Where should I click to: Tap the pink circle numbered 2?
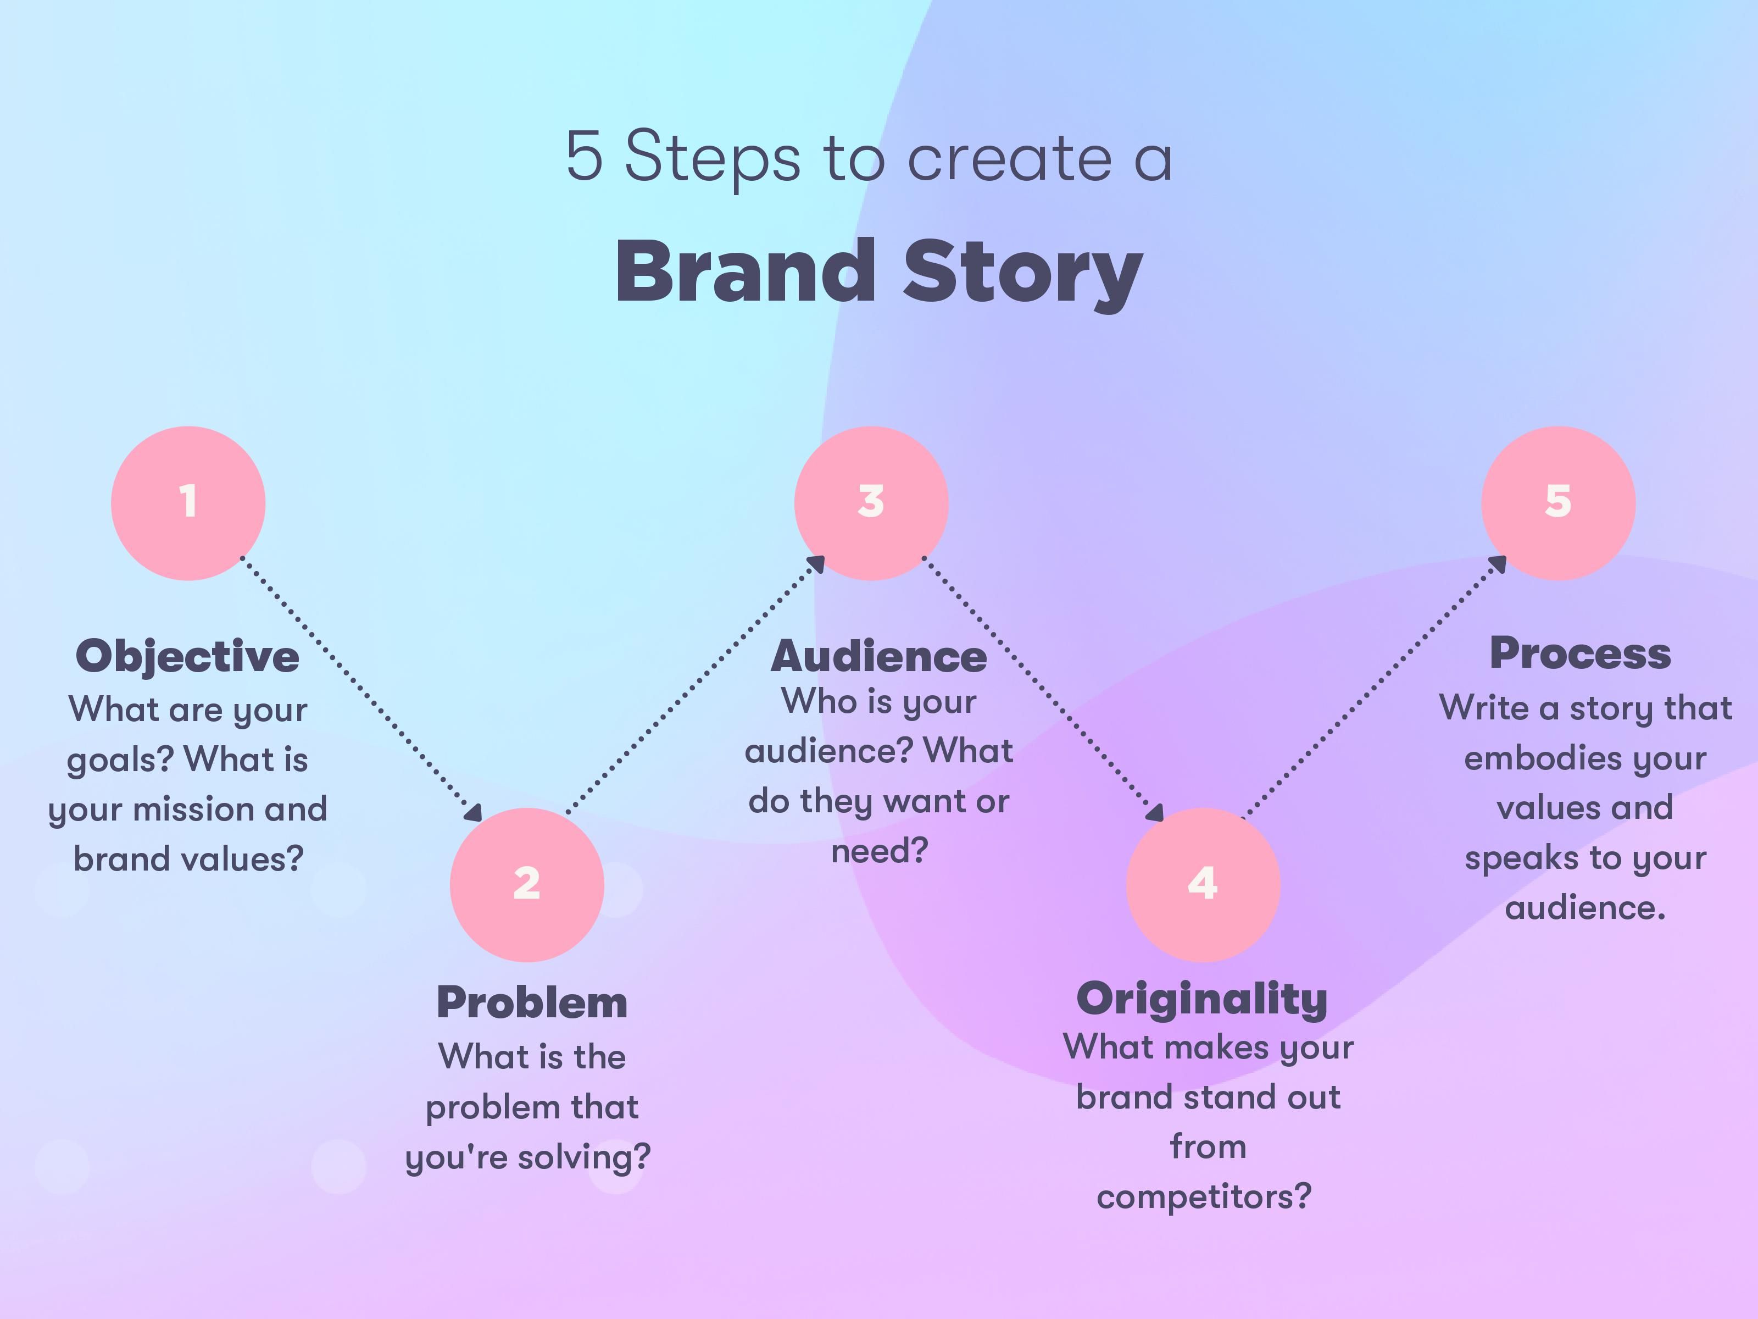coord(527,884)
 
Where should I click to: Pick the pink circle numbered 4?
coord(1203,884)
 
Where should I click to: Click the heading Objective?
coord(187,657)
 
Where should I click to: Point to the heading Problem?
coord(532,1002)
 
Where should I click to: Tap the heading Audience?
coord(879,657)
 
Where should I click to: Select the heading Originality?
coord(1201,999)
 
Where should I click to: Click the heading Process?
coord(1580,653)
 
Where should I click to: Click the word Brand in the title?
coord(746,272)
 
